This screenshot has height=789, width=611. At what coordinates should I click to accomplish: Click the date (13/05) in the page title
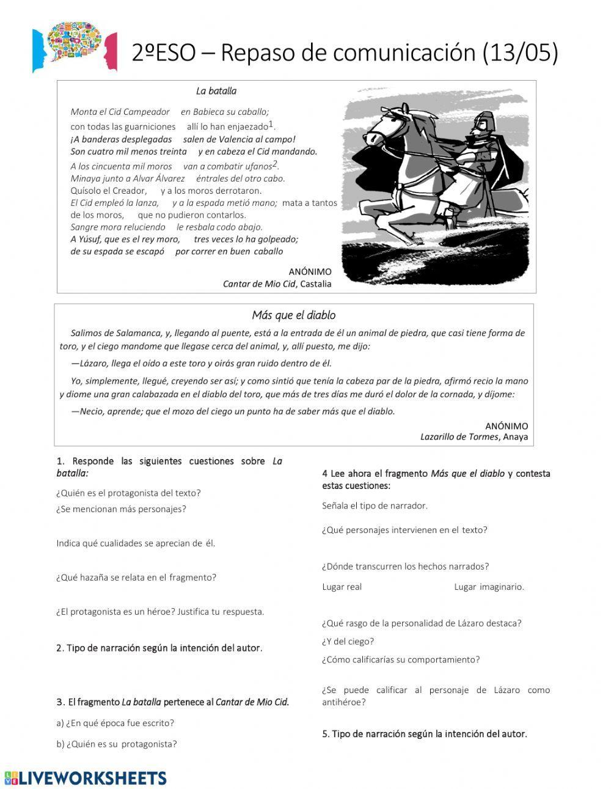click(x=520, y=53)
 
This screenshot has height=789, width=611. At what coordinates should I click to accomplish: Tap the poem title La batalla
click(x=216, y=91)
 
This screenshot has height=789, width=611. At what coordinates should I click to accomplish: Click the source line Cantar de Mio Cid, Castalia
click(x=277, y=284)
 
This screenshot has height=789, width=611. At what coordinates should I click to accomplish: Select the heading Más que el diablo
click(x=294, y=315)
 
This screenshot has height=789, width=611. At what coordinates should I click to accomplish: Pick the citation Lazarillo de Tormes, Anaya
click(x=474, y=436)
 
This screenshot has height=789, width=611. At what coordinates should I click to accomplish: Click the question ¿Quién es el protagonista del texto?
click(x=128, y=493)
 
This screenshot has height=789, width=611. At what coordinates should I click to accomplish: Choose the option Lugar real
click(x=342, y=587)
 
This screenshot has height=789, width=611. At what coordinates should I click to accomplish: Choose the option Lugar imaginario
click(x=489, y=587)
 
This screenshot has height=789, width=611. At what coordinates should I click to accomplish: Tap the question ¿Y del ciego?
click(x=348, y=641)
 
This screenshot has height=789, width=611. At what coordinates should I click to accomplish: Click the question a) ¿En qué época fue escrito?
click(x=115, y=723)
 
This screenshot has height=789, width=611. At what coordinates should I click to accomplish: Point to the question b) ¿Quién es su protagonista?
click(x=116, y=744)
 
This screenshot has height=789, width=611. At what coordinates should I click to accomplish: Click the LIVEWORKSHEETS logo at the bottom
click(x=86, y=777)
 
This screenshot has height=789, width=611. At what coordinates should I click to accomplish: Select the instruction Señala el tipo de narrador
click(x=375, y=505)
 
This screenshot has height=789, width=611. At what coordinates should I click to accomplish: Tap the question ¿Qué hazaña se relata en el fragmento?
click(x=136, y=577)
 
